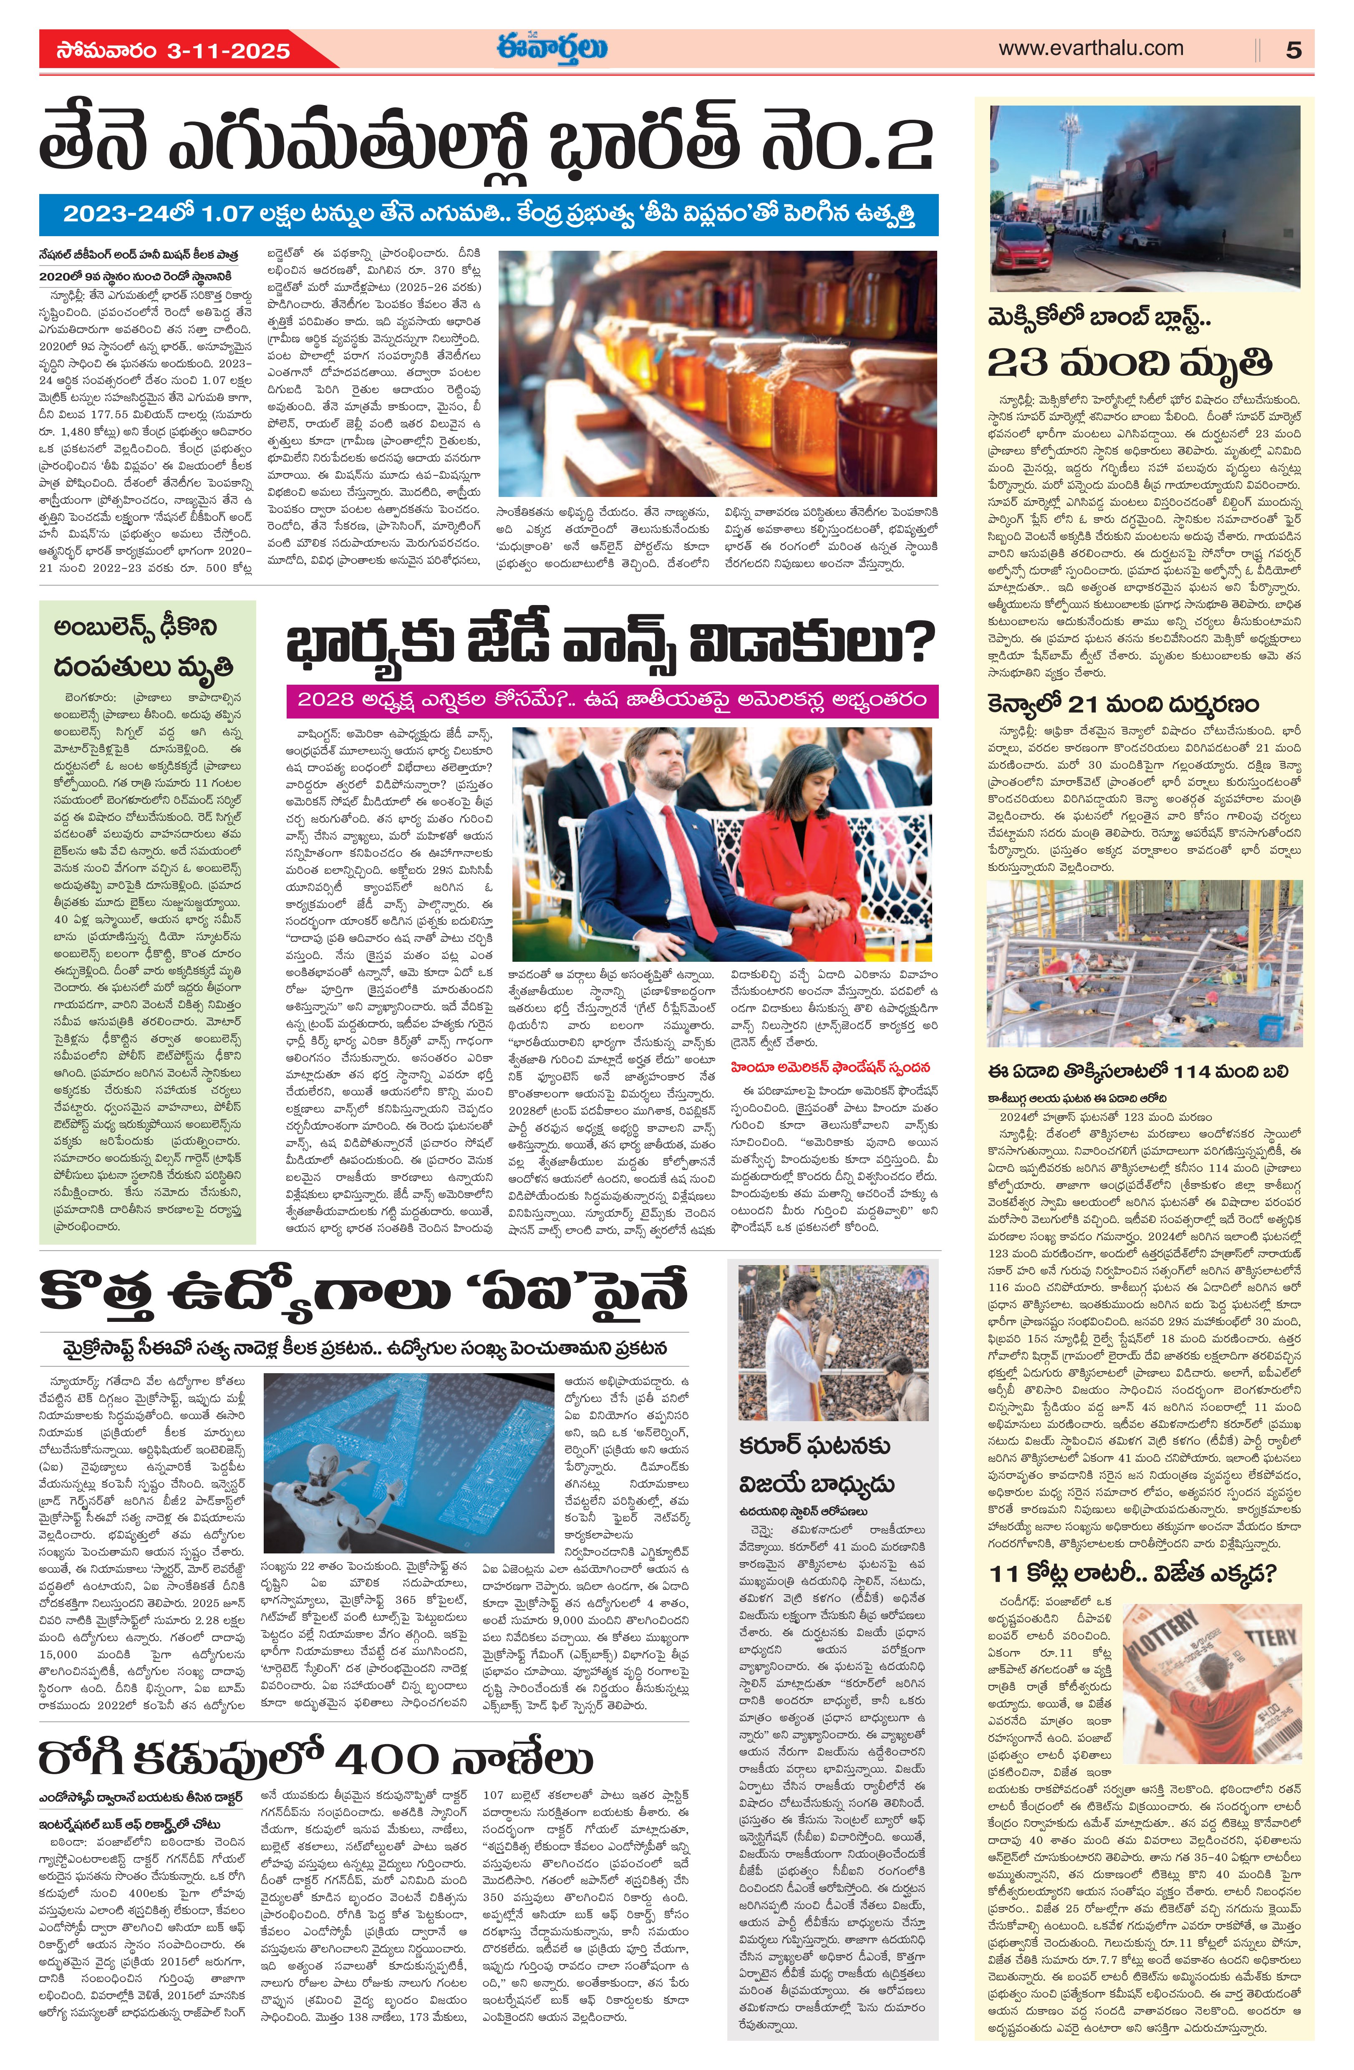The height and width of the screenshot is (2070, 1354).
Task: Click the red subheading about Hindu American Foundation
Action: click(830, 1067)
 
